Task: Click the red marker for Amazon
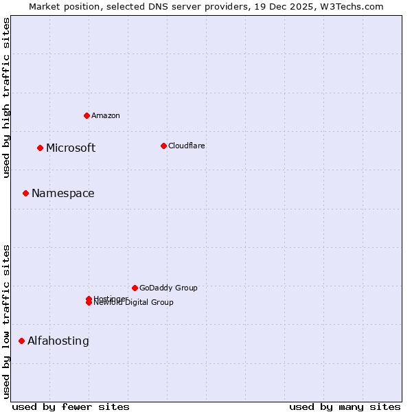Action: click(87, 115)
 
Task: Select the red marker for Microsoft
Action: click(40, 148)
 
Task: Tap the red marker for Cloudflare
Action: click(163, 146)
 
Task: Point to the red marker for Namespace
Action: click(25, 193)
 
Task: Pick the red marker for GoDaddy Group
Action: click(135, 288)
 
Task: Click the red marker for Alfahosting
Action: click(21, 341)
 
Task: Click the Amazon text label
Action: click(106, 115)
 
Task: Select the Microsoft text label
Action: click(71, 148)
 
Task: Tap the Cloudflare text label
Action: click(187, 146)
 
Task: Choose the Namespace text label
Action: click(63, 194)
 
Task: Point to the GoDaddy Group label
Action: click(168, 288)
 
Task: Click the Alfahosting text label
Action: click(58, 341)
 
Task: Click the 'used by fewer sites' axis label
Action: click(71, 407)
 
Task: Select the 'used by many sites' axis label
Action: click(345, 407)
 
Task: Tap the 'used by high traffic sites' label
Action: click(6, 98)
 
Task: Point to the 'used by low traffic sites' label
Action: click(6, 321)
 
